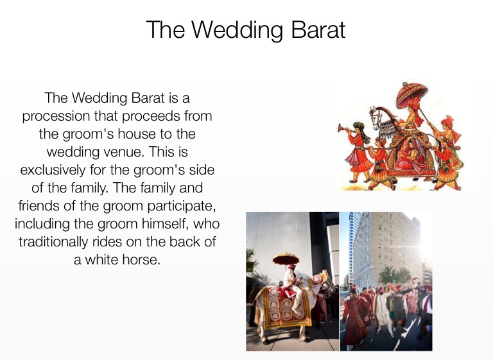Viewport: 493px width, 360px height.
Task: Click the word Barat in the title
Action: [x=318, y=30]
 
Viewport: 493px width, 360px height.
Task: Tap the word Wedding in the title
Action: [x=238, y=31]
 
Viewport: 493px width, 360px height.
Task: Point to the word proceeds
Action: [x=151, y=117]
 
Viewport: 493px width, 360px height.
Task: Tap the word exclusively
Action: [x=53, y=171]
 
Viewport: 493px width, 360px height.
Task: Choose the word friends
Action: [x=39, y=206]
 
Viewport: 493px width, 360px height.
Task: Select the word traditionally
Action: [x=53, y=243]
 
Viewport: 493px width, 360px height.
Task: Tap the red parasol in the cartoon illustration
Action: [x=411, y=94]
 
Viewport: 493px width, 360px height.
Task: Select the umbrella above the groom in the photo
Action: [x=286, y=258]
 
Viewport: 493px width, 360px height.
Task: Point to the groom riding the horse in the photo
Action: [x=292, y=284]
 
